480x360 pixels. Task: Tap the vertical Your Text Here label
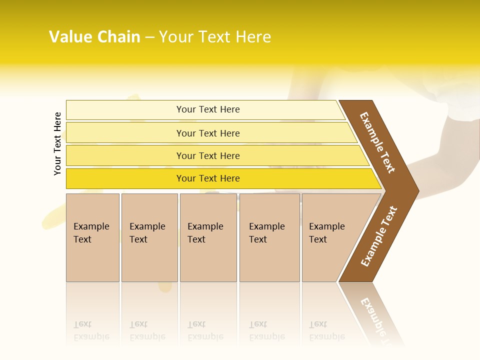57,143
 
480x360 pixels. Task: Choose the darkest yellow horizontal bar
125,178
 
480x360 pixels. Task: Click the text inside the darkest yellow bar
208,178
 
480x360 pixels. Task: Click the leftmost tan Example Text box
92,237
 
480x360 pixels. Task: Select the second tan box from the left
149,237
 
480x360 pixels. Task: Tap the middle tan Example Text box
208,237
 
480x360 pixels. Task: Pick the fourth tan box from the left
269,237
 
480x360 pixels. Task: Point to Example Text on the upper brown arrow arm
377,142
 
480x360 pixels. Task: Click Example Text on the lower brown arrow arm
379,236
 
